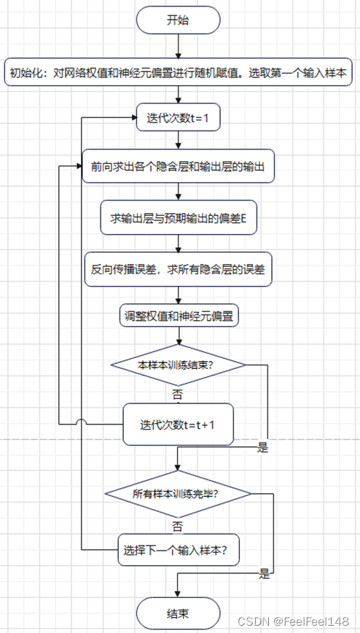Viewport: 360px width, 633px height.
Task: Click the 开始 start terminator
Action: (178, 20)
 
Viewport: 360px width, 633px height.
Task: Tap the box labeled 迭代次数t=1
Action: (178, 118)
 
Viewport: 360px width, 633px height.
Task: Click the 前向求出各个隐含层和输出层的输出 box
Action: (177, 167)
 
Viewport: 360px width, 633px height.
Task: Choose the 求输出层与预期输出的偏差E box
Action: (179, 218)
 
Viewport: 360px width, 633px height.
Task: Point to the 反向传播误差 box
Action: (178, 268)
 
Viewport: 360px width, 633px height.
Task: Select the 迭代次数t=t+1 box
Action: (178, 424)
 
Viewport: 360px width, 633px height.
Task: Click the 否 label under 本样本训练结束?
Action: (178, 394)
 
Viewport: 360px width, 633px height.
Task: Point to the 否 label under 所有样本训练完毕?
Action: (178, 524)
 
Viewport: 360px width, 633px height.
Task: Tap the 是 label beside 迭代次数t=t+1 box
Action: (263, 448)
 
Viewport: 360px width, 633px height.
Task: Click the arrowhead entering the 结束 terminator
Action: (178, 593)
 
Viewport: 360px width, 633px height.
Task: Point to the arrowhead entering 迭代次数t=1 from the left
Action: (133, 118)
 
